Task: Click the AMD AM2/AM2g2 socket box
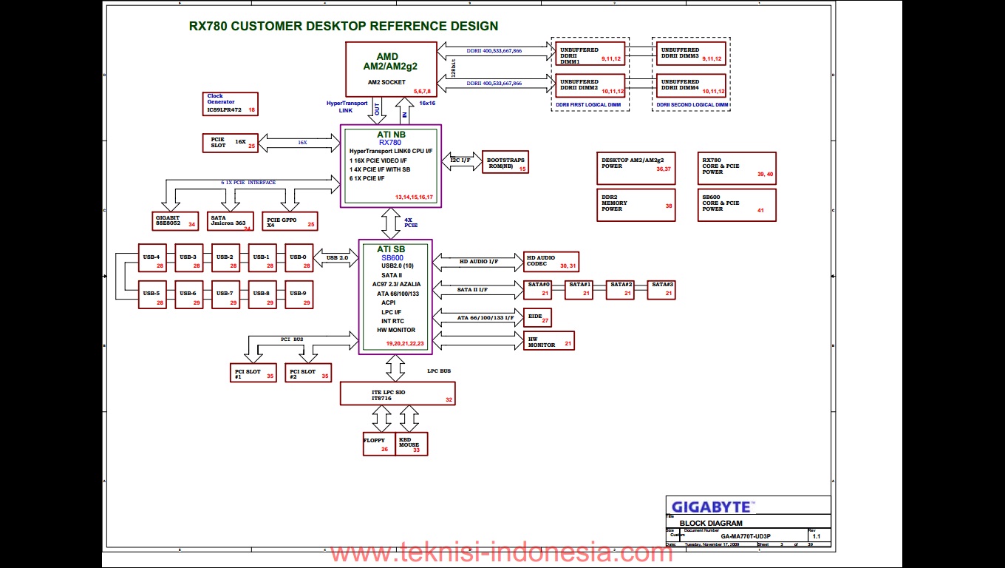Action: pos(391,69)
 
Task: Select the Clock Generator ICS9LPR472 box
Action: pos(231,104)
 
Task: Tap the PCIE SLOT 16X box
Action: pos(230,142)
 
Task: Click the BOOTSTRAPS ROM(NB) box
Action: pos(505,163)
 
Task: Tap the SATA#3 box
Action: pos(661,289)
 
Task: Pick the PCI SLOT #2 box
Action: pos(308,373)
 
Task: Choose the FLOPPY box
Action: pos(379,444)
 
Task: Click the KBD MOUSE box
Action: pos(412,444)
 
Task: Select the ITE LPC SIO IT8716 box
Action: pos(398,393)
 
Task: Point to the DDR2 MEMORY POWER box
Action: pos(637,205)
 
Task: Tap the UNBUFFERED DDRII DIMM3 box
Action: pos(691,53)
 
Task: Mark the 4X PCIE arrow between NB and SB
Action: pos(391,222)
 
